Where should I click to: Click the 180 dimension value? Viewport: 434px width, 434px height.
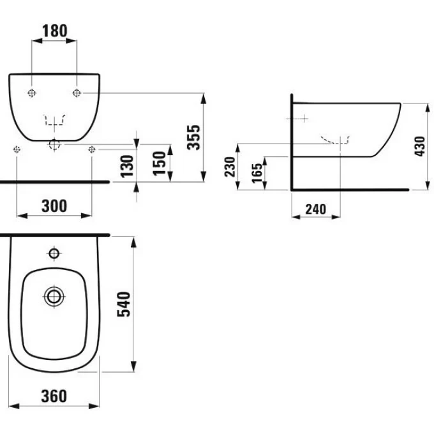54,31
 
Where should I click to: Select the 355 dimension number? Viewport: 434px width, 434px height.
193,137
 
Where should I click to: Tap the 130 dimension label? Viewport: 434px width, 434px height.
127,166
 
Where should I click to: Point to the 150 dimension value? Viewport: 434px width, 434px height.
159,163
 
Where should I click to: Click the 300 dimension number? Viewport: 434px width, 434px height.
54,206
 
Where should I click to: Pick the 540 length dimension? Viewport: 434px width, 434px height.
124,304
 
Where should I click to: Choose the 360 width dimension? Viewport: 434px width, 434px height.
54,396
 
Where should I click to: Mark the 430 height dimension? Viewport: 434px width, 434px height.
420,146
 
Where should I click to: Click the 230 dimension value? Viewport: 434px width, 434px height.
230,167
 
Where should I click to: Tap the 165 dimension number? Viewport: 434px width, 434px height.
257,173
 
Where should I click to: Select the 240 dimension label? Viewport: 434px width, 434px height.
315,209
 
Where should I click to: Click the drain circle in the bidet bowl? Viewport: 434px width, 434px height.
54,296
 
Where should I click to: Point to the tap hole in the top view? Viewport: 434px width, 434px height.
54,253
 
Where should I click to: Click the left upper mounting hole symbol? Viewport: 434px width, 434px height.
32,93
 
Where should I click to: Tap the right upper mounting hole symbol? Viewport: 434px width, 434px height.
77,93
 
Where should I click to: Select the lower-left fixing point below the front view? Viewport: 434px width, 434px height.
17,149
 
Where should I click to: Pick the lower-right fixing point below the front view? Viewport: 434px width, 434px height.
92,149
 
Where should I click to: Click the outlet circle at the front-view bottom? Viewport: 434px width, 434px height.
54,144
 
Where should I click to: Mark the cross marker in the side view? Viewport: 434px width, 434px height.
304,119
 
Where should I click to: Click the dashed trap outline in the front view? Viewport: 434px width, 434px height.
54,119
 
